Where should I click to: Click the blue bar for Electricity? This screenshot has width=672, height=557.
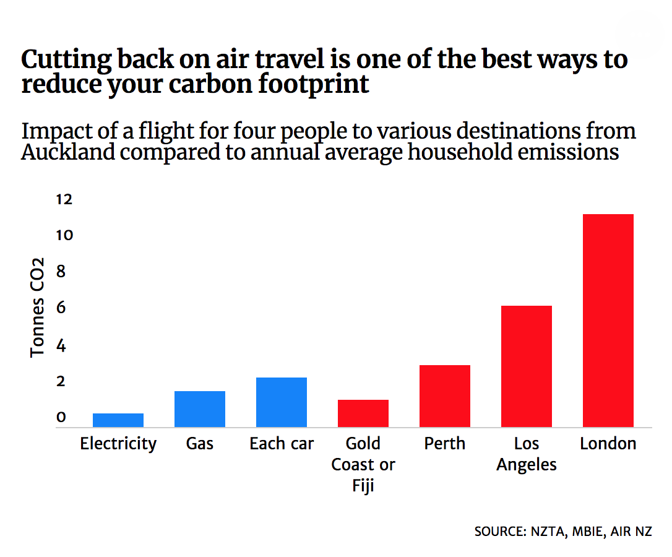(x=118, y=420)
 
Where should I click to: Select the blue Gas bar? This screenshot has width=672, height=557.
(x=200, y=409)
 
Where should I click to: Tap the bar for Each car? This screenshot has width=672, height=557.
(x=282, y=402)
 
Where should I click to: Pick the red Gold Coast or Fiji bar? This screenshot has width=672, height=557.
(x=363, y=413)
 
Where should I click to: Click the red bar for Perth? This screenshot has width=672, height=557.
(x=445, y=396)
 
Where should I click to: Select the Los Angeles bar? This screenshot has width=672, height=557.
(x=527, y=366)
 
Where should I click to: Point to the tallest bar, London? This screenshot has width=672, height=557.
(x=608, y=321)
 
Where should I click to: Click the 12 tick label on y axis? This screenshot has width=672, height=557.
(x=64, y=199)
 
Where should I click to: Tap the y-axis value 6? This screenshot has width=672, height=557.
(x=61, y=308)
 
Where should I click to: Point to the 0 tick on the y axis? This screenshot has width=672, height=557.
(x=61, y=418)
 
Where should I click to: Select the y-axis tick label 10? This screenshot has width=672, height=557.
(x=64, y=236)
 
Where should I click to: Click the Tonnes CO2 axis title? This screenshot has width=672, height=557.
(x=38, y=307)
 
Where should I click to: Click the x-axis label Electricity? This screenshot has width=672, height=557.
(x=118, y=444)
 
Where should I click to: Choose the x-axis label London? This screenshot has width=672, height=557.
(x=608, y=444)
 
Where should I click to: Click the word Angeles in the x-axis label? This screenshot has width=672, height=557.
(x=527, y=465)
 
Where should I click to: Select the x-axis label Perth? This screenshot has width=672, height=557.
(x=445, y=444)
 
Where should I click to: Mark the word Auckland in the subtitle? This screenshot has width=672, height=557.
(x=68, y=152)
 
